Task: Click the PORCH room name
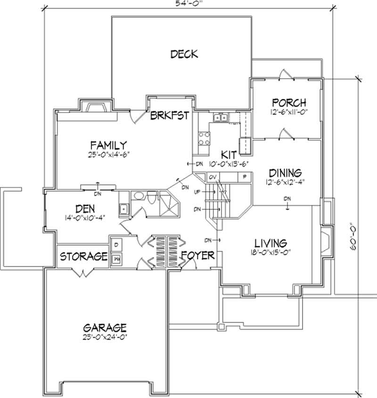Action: (x=289, y=103)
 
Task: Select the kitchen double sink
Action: (x=220, y=118)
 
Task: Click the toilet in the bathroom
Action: (x=152, y=198)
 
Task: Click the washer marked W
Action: (x=116, y=258)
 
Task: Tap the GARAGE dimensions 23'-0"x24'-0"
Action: (x=105, y=337)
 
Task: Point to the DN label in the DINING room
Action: (x=287, y=198)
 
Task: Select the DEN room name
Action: (x=85, y=208)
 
